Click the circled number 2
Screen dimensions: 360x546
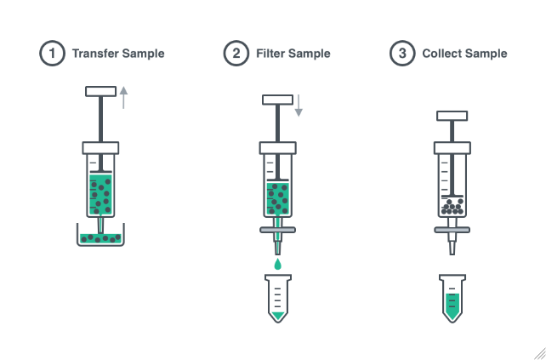point(236,54)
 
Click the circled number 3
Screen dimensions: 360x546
point(401,54)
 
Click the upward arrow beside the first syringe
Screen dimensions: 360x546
point(124,97)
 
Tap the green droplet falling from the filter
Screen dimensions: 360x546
point(277,265)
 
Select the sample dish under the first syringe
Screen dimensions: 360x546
point(101,237)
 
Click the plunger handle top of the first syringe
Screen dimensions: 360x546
point(101,90)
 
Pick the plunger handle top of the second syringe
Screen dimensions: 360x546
point(277,100)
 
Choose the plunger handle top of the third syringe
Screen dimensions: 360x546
point(452,116)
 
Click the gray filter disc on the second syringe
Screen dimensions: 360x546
point(277,231)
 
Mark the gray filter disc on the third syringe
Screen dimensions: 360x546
point(452,228)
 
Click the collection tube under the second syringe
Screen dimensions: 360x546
point(277,299)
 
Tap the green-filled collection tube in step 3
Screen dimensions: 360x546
point(452,299)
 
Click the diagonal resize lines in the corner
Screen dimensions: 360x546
point(538,352)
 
